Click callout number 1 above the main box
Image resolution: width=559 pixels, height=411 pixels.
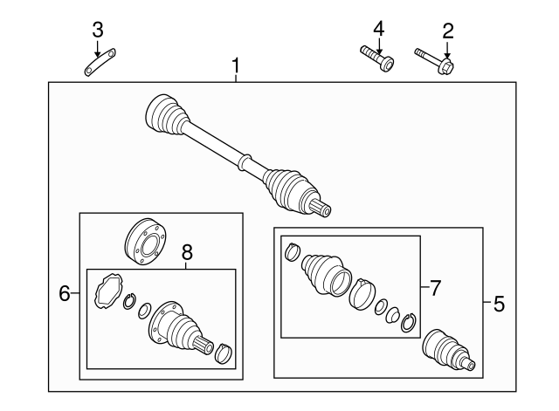pos(236,65)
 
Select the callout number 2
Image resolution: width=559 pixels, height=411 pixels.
pos(447,31)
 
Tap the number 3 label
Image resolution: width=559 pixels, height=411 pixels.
pos(98,30)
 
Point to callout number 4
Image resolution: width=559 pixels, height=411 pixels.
pos(378,30)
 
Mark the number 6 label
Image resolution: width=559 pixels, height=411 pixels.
pos(64,294)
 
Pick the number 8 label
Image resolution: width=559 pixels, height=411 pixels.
pos(186,253)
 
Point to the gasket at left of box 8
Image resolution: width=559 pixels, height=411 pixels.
pos(106,289)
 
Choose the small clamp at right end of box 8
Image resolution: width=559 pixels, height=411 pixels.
pos(224,353)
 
